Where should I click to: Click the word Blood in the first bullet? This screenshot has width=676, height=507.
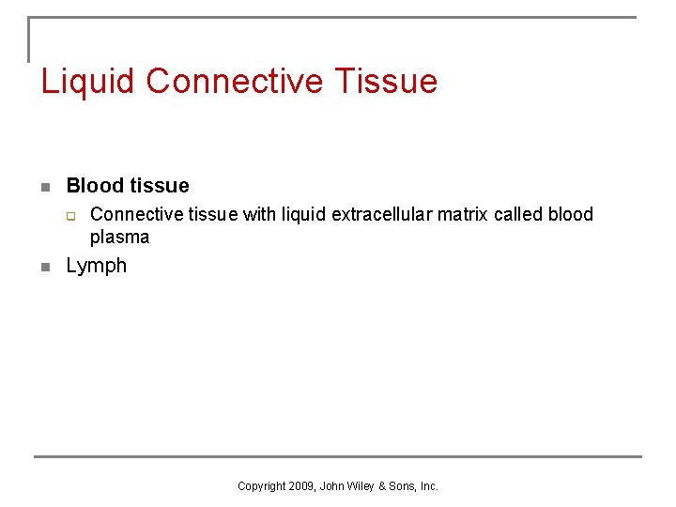pos(89,186)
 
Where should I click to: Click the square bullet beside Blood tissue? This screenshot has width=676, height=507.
pos(45,187)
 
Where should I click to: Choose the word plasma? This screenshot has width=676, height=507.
pos(119,238)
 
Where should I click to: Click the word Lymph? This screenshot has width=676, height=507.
pos(96,266)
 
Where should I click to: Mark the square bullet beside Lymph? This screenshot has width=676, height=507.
pos(45,267)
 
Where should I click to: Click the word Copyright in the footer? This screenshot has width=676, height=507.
pos(262,486)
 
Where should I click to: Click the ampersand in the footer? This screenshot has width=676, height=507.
pos(381,486)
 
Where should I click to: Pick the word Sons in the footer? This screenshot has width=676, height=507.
pos(401,486)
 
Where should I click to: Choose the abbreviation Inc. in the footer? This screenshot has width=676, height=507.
pos(428,486)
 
